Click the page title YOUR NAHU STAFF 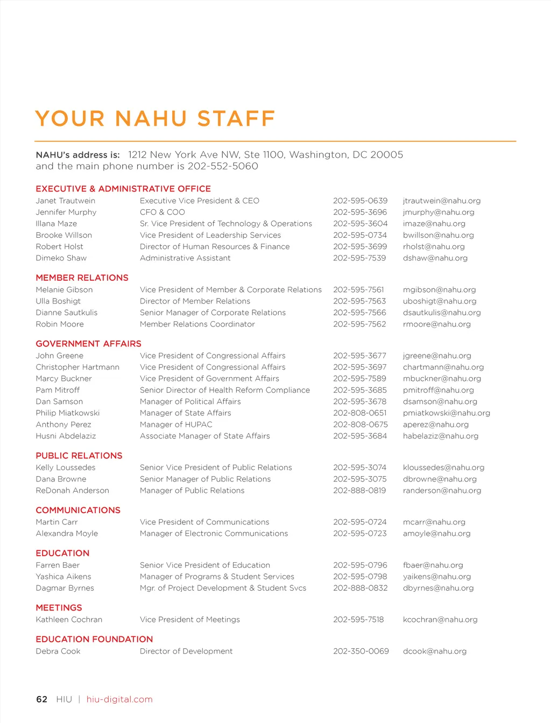(x=155, y=119)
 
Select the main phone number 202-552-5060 (x=223, y=166)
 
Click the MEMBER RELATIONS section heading (x=82, y=278)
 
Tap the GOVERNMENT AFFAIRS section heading (x=88, y=344)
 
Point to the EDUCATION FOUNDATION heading (x=94, y=639)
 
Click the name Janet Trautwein (x=65, y=201)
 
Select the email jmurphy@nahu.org (x=439, y=212)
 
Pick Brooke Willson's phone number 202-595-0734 (x=359, y=235)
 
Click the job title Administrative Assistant (x=185, y=258)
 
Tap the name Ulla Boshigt (x=58, y=301)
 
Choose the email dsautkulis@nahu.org (x=442, y=313)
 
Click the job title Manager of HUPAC (x=176, y=424)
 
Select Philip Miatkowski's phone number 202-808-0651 (x=359, y=413)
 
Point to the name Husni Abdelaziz (x=66, y=436)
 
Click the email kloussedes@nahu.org (x=443, y=467)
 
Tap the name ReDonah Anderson (x=72, y=491)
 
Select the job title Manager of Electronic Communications (x=214, y=534)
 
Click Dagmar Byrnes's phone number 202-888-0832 (x=360, y=588)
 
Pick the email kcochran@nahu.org (x=440, y=620)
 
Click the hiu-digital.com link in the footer (x=119, y=699)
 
